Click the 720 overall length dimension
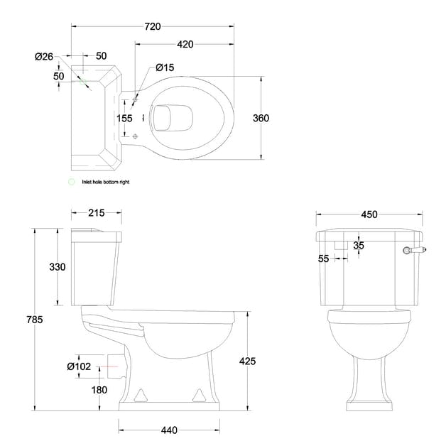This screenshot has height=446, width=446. pyautogui.click(x=153, y=26)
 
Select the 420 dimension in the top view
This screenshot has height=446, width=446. pyautogui.click(x=185, y=44)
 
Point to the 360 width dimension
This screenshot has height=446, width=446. pyautogui.click(x=261, y=118)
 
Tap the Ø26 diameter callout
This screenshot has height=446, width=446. pyautogui.click(x=44, y=56)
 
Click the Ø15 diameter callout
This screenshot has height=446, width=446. pyautogui.click(x=165, y=67)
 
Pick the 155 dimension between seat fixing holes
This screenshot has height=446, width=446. pyautogui.click(x=124, y=118)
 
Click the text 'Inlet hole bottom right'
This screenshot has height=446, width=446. pyautogui.click(x=105, y=182)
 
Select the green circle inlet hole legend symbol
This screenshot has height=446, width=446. pyautogui.click(x=70, y=182)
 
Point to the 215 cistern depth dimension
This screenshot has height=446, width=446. pyautogui.click(x=97, y=212)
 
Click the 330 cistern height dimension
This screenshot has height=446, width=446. pyautogui.click(x=57, y=267)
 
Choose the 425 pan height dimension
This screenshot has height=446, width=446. pyautogui.click(x=246, y=361)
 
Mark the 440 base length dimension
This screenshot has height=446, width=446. pyautogui.click(x=168, y=430)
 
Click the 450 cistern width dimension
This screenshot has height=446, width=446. pyautogui.click(x=369, y=214)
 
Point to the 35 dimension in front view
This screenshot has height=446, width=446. pyautogui.click(x=359, y=246)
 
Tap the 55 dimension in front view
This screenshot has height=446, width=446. pyautogui.click(x=324, y=259)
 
